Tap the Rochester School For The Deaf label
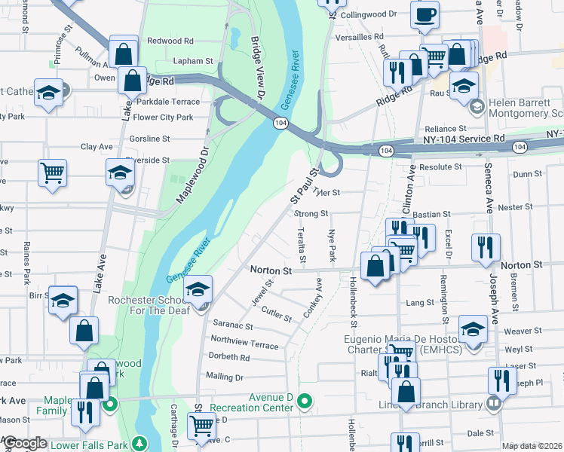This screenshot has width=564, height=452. click(x=154, y=305)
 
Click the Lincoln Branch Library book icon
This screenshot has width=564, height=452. click(x=493, y=404)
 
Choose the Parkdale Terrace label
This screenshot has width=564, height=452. click(x=167, y=102)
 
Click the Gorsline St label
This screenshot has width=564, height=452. click(x=150, y=139)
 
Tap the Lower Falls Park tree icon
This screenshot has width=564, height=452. click(x=139, y=442)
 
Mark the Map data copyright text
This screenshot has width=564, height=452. click(x=531, y=446)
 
